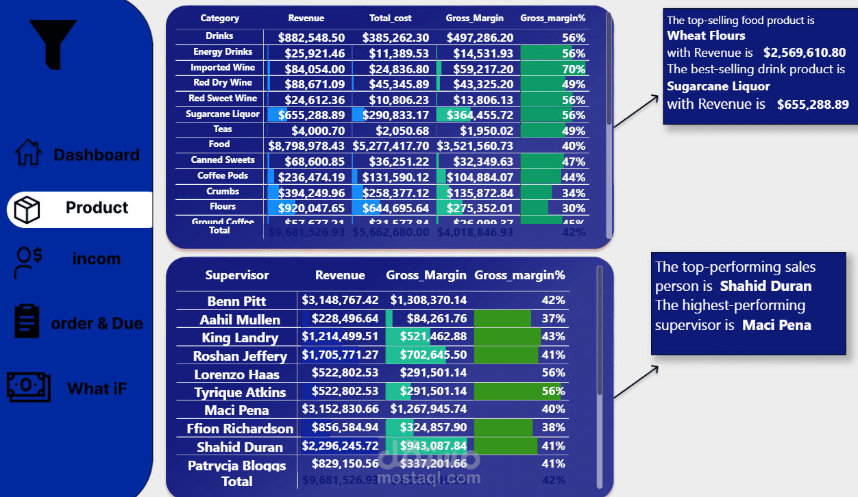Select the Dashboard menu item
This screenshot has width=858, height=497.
(96, 155)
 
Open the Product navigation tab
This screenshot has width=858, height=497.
(97, 207)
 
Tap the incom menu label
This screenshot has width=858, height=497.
(97, 259)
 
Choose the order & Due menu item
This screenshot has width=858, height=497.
(97, 323)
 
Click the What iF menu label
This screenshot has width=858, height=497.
(97, 389)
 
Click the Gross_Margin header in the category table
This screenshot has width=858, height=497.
(474, 18)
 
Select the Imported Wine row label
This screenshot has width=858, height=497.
(223, 67)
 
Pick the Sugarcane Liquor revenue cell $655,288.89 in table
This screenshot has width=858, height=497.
(312, 114)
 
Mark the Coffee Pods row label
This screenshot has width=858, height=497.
(223, 175)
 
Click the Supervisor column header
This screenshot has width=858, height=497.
(237, 275)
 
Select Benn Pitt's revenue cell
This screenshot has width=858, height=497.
(340, 301)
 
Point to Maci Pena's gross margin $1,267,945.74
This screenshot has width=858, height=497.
(428, 409)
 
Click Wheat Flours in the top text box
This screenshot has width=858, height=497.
(706, 36)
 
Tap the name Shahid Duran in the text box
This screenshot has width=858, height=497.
(765, 286)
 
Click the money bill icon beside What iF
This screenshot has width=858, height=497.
(28, 387)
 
